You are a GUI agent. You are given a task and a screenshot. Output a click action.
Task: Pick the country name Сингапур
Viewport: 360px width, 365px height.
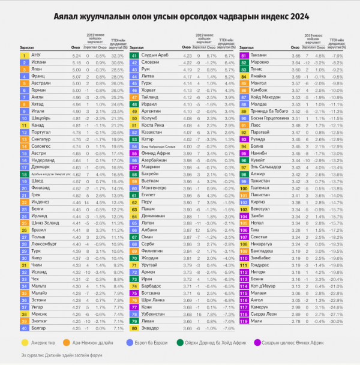[41, 138]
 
